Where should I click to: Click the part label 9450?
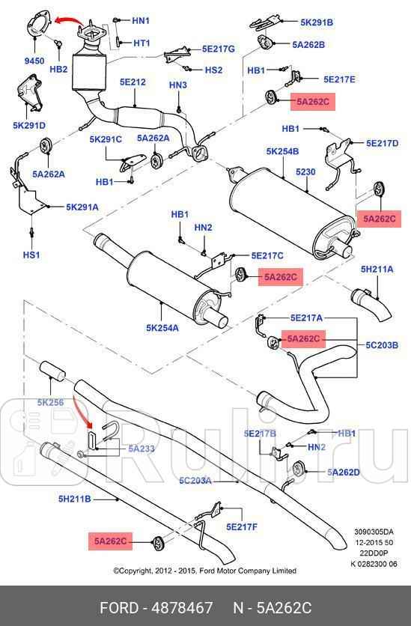click(35, 61)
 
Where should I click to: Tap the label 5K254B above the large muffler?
click(282, 151)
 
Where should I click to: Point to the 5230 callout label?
click(307, 172)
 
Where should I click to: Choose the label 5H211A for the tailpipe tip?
click(377, 269)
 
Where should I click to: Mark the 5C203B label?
click(382, 345)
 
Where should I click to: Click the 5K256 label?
click(50, 402)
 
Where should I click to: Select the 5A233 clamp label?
click(141, 449)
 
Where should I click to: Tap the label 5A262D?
click(344, 472)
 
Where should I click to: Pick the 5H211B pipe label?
click(75, 498)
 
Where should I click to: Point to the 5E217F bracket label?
click(242, 526)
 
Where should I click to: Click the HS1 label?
click(31, 255)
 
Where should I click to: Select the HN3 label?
click(177, 85)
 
